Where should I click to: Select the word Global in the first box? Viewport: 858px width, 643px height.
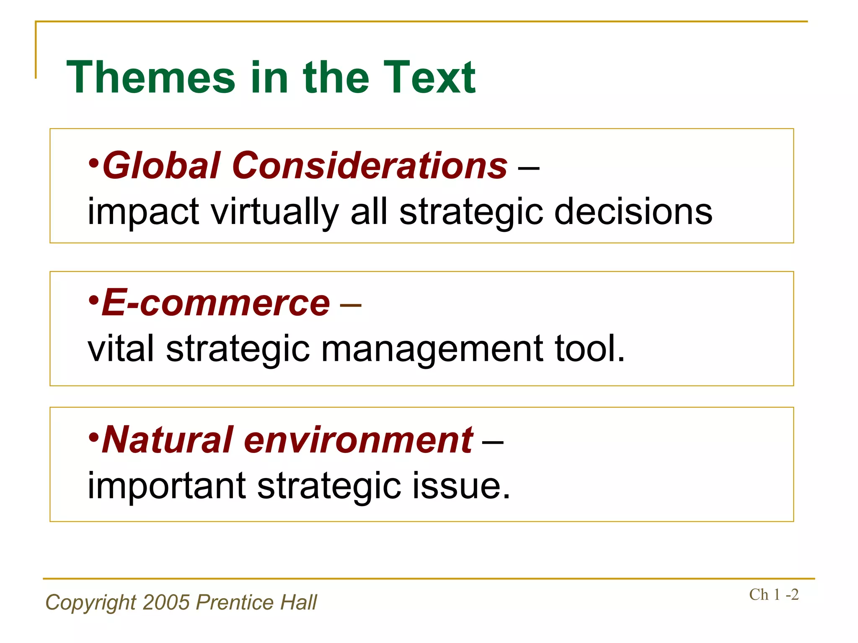tap(161, 165)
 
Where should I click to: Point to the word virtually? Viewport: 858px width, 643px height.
tap(274, 212)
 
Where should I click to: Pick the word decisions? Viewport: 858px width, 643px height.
tap(633, 212)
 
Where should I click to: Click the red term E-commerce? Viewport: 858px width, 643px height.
tap(216, 303)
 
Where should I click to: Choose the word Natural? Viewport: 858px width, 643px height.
tap(168, 440)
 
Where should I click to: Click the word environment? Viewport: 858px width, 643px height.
tap(359, 440)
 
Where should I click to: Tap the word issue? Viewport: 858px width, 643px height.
tap(461, 486)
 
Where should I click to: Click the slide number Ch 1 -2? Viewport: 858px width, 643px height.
tap(774, 595)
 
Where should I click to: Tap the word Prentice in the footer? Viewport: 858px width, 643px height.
tap(235, 602)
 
